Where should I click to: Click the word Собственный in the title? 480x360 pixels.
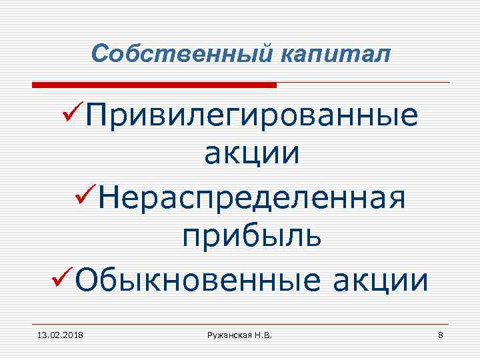pyautogui.click(x=175, y=53)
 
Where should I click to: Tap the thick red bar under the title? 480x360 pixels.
pyautogui.click(x=154, y=85)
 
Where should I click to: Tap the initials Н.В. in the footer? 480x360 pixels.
pyautogui.click(x=262, y=333)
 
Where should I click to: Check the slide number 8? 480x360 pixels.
pyautogui.click(x=440, y=333)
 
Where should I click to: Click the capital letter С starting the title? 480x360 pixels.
pyautogui.click(x=99, y=53)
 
